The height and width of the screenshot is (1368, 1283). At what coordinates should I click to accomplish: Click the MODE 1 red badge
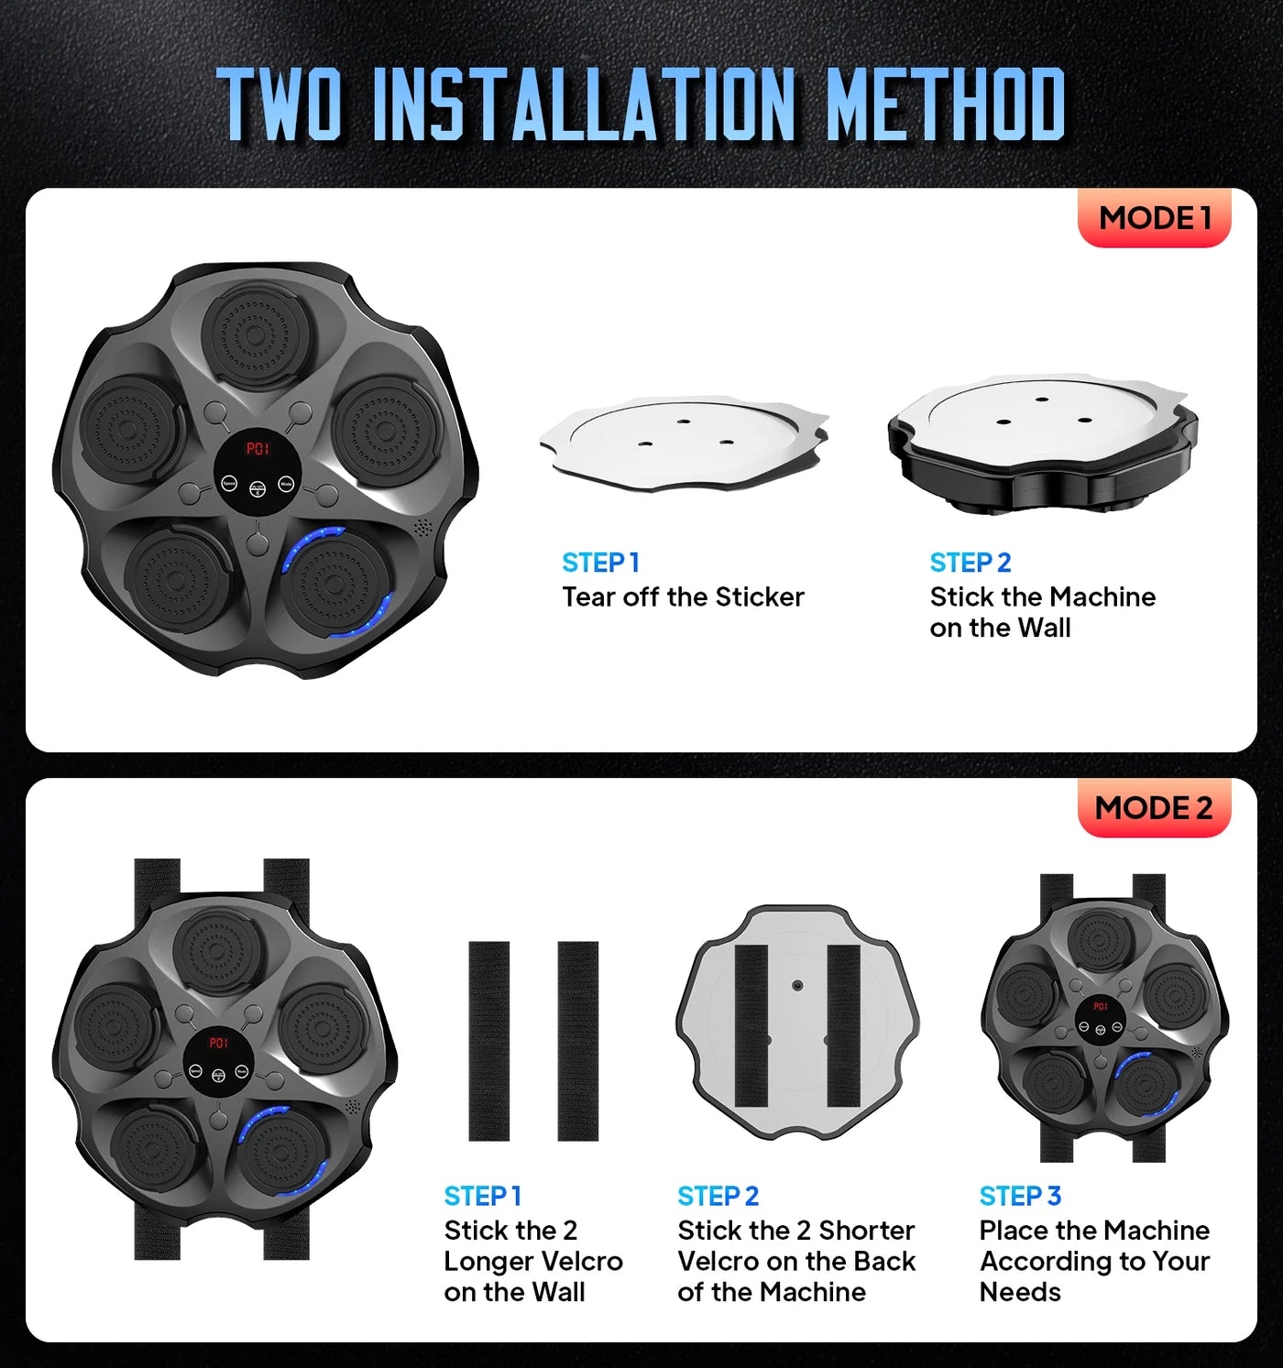point(1154,218)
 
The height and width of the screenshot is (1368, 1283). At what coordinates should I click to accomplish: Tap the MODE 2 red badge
point(1153,808)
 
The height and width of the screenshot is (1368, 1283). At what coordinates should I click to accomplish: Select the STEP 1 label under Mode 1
point(600,563)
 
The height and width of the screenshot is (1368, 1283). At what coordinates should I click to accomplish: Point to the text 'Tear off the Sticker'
point(683,597)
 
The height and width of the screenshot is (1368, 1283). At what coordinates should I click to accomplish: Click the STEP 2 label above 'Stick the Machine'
point(970,563)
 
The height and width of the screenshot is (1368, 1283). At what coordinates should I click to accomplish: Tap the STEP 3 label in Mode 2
point(1019,1197)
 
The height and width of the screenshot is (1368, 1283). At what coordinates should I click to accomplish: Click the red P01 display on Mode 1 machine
point(258,449)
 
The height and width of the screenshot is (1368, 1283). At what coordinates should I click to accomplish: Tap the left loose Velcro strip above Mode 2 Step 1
point(488,1041)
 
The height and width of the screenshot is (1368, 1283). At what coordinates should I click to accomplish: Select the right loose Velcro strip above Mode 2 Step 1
point(577,1041)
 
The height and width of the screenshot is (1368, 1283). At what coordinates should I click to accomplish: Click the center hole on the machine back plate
point(797,986)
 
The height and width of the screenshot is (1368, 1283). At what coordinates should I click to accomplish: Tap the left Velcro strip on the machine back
point(751,1024)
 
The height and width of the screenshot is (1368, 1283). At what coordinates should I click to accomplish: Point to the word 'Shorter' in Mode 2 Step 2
point(866,1231)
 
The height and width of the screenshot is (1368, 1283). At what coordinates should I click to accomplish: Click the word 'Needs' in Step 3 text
point(1019,1292)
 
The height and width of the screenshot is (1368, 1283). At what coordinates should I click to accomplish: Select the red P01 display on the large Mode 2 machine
point(218,1043)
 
